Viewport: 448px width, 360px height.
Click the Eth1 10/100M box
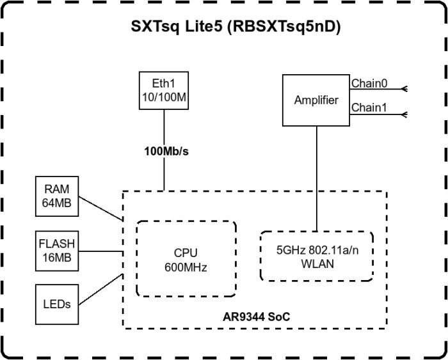click(x=163, y=90)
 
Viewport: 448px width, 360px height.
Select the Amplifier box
click(x=316, y=100)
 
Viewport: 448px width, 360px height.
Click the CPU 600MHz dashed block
click(x=186, y=259)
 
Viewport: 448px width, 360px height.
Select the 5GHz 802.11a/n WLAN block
click(x=317, y=256)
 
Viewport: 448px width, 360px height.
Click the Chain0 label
click(x=369, y=82)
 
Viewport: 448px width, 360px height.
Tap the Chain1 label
click(x=369, y=108)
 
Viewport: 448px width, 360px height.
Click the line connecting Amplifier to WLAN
click(x=316, y=179)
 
